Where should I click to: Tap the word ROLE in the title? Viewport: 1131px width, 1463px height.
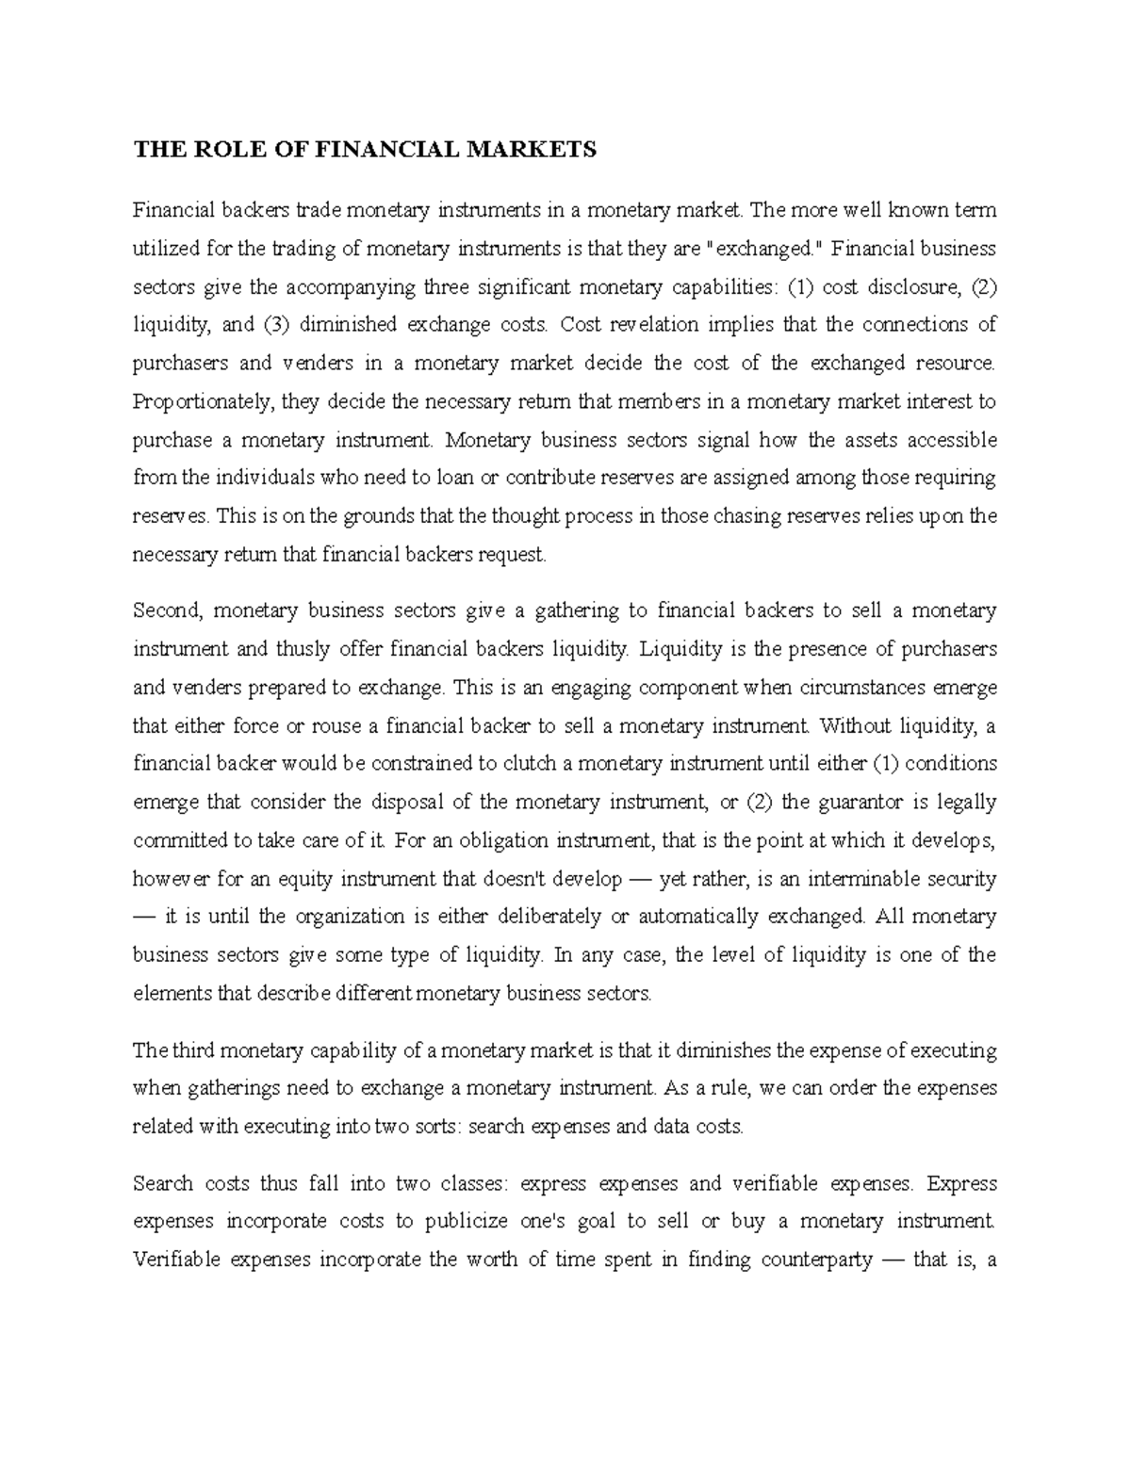click(215, 149)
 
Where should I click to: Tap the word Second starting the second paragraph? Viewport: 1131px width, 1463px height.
click(168, 610)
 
